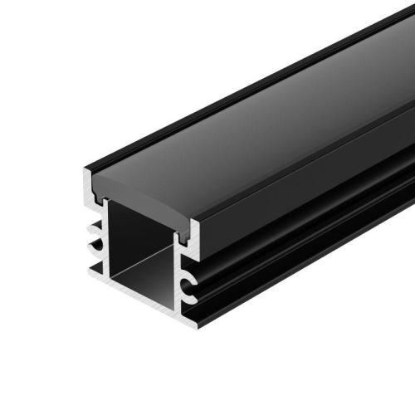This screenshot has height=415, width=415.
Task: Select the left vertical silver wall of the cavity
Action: tap(105, 241)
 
